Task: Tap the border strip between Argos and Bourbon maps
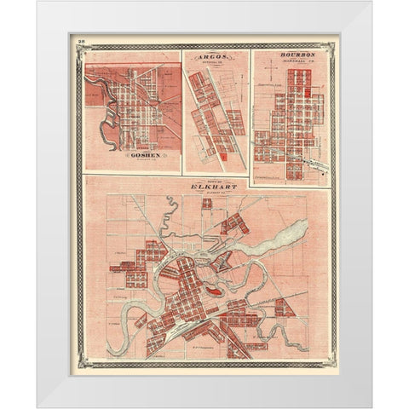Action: tap(248, 111)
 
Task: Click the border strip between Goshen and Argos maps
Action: tap(182, 111)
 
